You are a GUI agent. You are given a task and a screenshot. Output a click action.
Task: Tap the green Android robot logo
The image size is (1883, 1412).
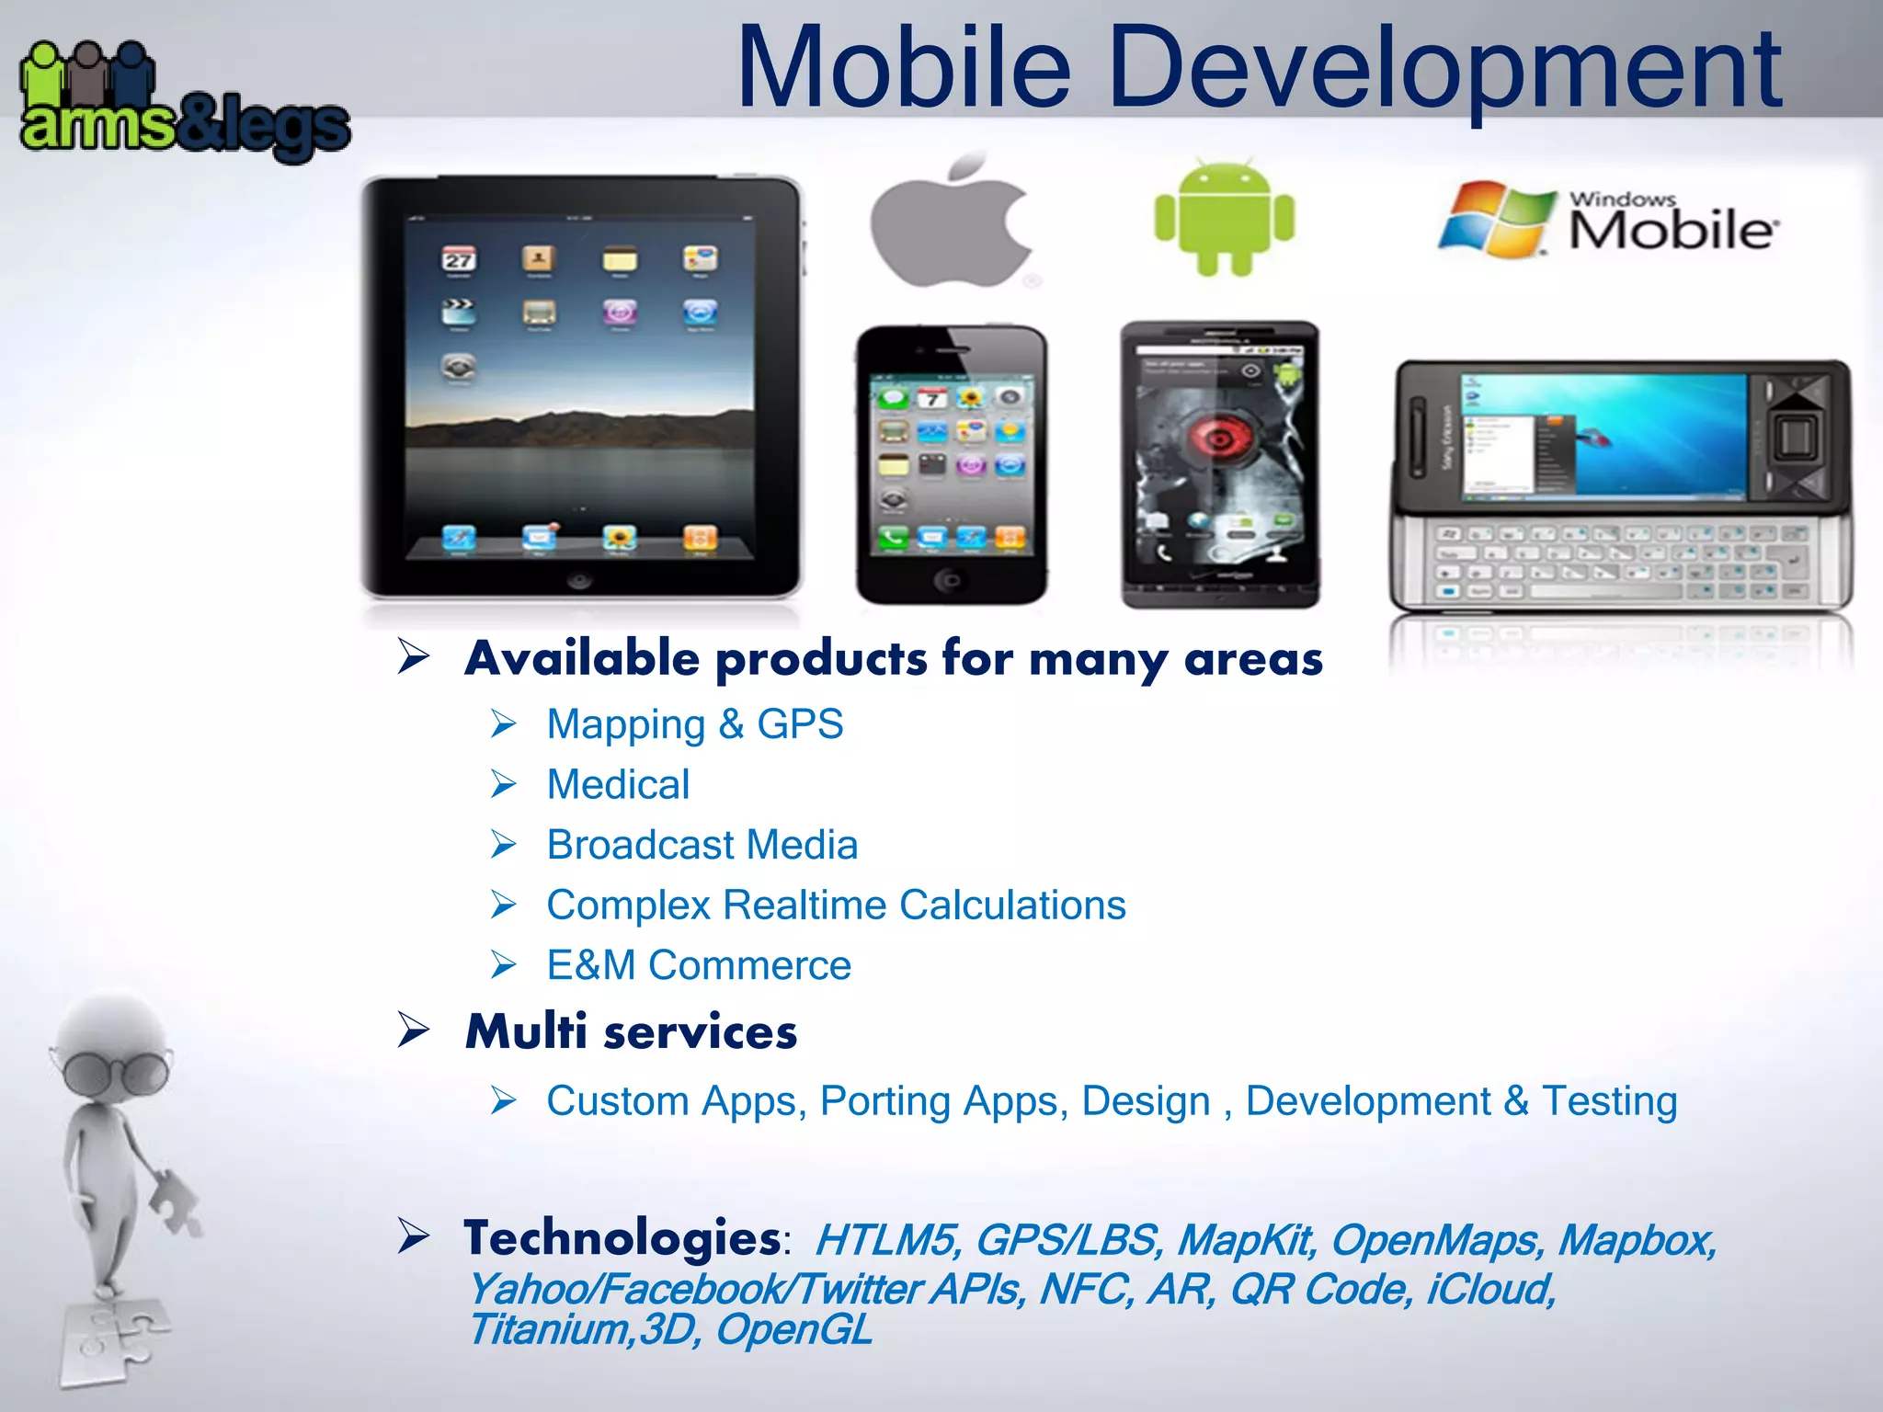(1224, 219)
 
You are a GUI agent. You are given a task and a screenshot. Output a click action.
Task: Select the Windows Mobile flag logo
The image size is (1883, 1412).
(1493, 219)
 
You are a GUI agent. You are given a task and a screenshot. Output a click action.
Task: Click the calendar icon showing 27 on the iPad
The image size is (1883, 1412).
(459, 260)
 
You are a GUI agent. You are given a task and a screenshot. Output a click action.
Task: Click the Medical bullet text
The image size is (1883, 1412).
(618, 785)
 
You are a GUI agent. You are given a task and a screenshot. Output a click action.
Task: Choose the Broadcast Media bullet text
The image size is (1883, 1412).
(702, 845)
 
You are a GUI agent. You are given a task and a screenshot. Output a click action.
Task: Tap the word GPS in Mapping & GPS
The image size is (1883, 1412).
(800, 724)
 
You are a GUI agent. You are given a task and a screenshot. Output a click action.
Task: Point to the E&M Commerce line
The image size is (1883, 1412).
(699, 965)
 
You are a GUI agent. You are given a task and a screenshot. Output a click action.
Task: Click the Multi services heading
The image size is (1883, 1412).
(631, 1031)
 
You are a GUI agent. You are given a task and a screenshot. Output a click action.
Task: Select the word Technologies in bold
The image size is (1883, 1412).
(622, 1238)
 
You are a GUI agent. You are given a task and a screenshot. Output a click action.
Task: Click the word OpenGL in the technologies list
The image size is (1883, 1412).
(793, 1329)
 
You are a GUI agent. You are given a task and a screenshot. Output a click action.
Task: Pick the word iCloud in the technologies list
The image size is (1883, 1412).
(1489, 1289)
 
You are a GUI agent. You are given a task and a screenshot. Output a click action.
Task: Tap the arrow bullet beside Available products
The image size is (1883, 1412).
(415, 656)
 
